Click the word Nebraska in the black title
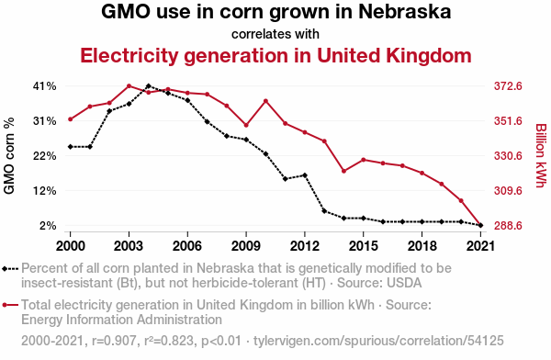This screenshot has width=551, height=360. coord(404,11)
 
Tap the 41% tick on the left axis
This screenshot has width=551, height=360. coord(44,86)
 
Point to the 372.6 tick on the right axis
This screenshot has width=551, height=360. coord(508,86)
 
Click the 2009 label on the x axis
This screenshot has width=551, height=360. coord(246,246)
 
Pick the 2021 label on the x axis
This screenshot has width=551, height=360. coord(480,246)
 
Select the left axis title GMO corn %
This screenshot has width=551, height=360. coord(9,155)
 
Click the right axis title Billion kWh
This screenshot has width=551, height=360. coord(541,155)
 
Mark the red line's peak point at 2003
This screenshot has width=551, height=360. coord(129,86)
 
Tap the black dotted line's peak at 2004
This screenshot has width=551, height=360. coord(148,86)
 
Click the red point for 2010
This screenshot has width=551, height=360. coord(265,101)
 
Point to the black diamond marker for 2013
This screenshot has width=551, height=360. coord(324,211)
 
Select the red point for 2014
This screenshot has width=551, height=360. coord(344,171)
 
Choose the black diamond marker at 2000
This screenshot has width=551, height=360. coord(71,147)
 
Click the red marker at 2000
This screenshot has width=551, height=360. coord(71,119)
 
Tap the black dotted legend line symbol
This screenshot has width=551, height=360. coord(10,269)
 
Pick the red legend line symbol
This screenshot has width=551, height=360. coord(10,305)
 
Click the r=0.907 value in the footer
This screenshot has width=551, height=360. coord(114,341)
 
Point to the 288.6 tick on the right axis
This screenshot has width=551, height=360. coord(508,225)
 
